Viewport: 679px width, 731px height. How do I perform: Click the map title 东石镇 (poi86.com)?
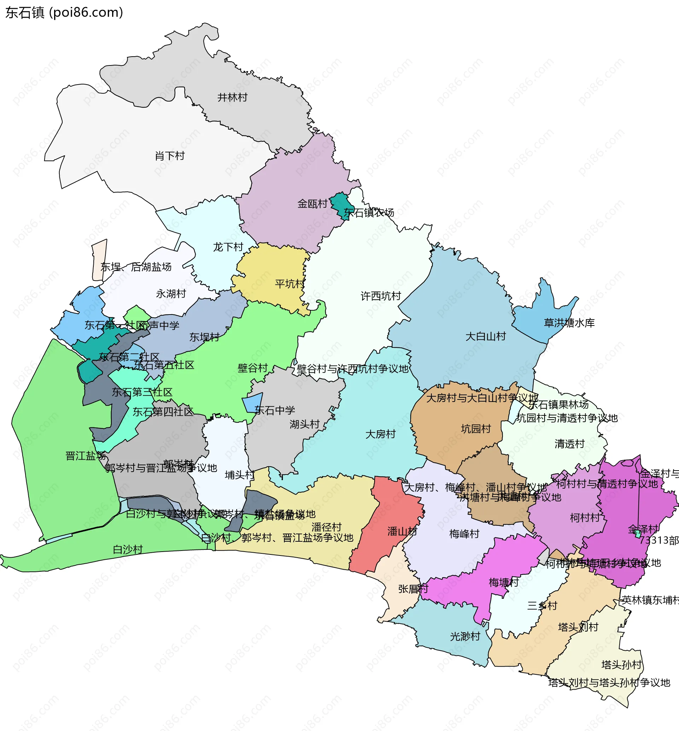pyautogui.click(x=64, y=12)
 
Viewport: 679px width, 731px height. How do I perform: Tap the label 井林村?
pyautogui.click(x=232, y=97)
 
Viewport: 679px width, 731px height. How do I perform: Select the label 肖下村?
pyautogui.click(x=169, y=156)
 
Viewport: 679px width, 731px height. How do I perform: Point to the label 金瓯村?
pyautogui.click(x=312, y=203)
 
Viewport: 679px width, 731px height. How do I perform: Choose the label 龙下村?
pyautogui.click(x=228, y=247)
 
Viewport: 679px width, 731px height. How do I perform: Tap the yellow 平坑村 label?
pyautogui.click(x=290, y=284)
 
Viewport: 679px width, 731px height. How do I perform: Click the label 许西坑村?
pyautogui.click(x=380, y=296)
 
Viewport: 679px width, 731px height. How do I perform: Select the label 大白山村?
pyautogui.click(x=485, y=336)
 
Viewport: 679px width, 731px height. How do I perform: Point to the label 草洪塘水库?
pyautogui.click(x=569, y=323)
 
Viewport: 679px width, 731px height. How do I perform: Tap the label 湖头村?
pyautogui.click(x=304, y=424)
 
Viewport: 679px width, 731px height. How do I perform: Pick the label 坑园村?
pyautogui.click(x=476, y=428)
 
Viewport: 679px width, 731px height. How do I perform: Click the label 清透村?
pyautogui.click(x=569, y=444)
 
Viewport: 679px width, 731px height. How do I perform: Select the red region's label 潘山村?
pyautogui.click(x=402, y=531)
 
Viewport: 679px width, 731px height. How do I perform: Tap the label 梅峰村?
pyautogui.click(x=464, y=534)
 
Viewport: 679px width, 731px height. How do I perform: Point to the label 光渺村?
pyautogui.click(x=465, y=636)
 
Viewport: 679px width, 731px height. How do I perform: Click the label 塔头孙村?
pyautogui.click(x=621, y=664)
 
